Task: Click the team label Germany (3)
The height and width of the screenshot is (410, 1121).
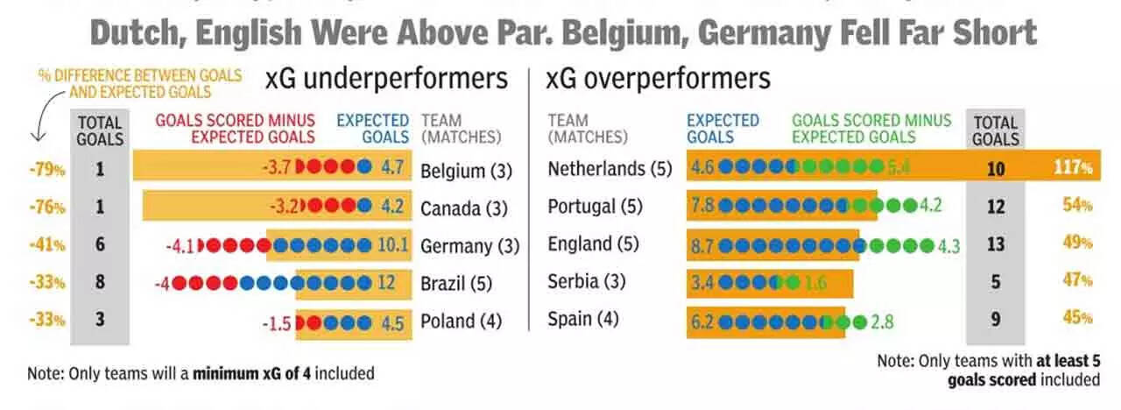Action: click(469, 246)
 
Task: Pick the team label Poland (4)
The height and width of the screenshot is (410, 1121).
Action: click(461, 322)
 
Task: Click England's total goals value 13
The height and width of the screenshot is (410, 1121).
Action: click(995, 244)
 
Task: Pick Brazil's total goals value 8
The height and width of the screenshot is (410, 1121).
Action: click(100, 283)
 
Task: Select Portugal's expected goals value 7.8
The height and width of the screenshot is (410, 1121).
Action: click(702, 207)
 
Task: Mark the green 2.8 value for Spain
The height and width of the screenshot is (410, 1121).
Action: click(882, 322)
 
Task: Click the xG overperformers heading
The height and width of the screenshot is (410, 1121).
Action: click(659, 79)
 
